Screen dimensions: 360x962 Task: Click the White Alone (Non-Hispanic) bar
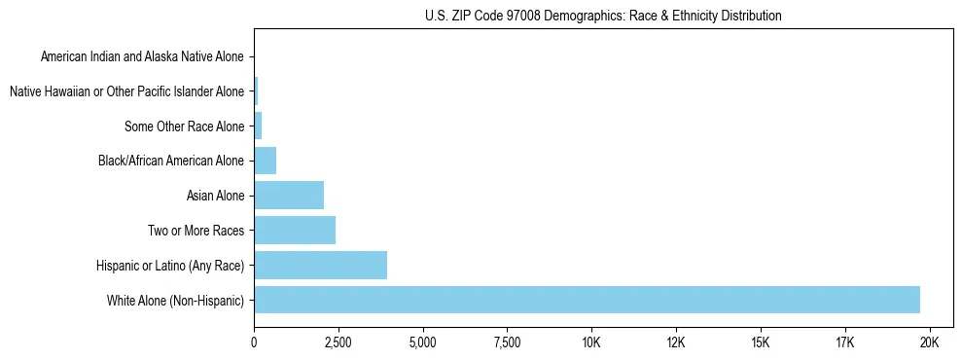coord(587,300)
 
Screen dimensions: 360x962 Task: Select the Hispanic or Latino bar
coord(320,265)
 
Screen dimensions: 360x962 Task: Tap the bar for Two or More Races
coord(295,231)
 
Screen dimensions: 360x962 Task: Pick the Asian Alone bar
coord(289,196)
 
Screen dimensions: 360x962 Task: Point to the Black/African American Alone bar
coord(265,161)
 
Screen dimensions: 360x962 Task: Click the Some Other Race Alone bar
coord(258,126)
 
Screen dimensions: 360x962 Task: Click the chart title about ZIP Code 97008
coord(603,16)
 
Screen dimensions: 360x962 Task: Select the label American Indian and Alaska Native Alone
coord(142,57)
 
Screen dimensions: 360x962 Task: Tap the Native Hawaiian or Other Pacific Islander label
coord(126,91)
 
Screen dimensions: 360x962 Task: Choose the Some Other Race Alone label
coord(185,126)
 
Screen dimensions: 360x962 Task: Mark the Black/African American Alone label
coord(171,161)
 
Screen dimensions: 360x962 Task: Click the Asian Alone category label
coord(215,196)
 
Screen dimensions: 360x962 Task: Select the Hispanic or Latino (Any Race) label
coord(170,265)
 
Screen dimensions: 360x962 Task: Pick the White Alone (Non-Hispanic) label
coord(176,300)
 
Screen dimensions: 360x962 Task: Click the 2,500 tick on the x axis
coord(338,343)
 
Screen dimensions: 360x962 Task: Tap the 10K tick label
coord(591,343)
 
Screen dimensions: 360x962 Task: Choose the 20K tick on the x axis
coord(929,343)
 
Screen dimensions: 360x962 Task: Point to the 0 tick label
coord(254,343)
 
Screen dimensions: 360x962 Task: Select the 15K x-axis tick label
coord(761,343)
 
